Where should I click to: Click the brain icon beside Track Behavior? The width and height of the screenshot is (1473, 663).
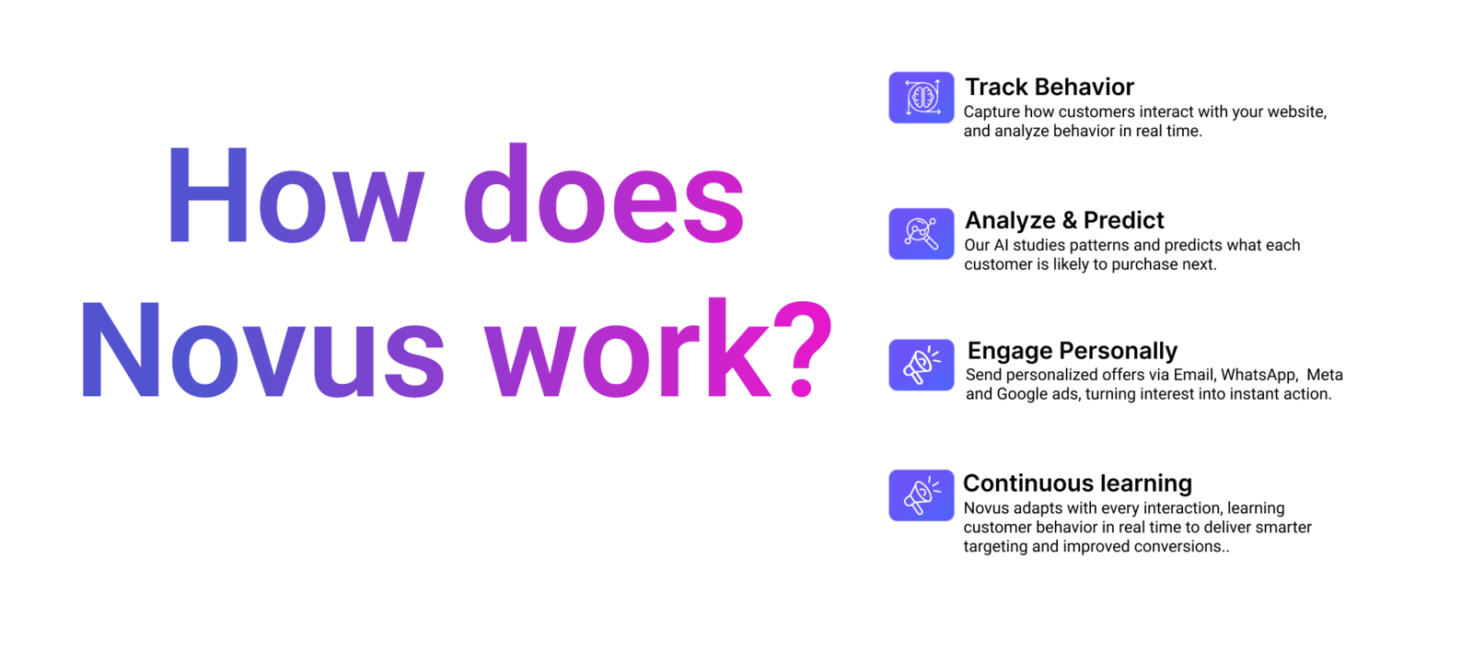pos(922,98)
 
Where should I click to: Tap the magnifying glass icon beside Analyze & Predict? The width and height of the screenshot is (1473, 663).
pos(922,234)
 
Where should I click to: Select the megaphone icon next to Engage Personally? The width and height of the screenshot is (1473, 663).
pos(922,365)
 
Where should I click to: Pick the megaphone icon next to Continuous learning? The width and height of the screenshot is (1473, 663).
pos(922,495)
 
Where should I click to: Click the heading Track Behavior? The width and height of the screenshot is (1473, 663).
pos(1050,87)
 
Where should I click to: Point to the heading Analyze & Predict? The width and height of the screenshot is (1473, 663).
pos(1064,220)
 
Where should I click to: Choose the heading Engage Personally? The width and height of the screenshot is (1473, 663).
pos(1072,351)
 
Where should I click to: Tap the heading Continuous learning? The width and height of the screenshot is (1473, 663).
pos(1077,483)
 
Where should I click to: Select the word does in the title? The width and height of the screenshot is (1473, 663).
pos(604,193)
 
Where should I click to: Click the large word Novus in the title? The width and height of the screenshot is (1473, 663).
pos(263,349)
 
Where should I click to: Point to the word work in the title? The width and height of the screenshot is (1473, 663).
pos(627,347)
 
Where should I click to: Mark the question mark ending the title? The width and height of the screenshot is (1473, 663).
pos(802,348)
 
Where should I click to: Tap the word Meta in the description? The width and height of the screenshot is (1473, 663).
pos(1325,375)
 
